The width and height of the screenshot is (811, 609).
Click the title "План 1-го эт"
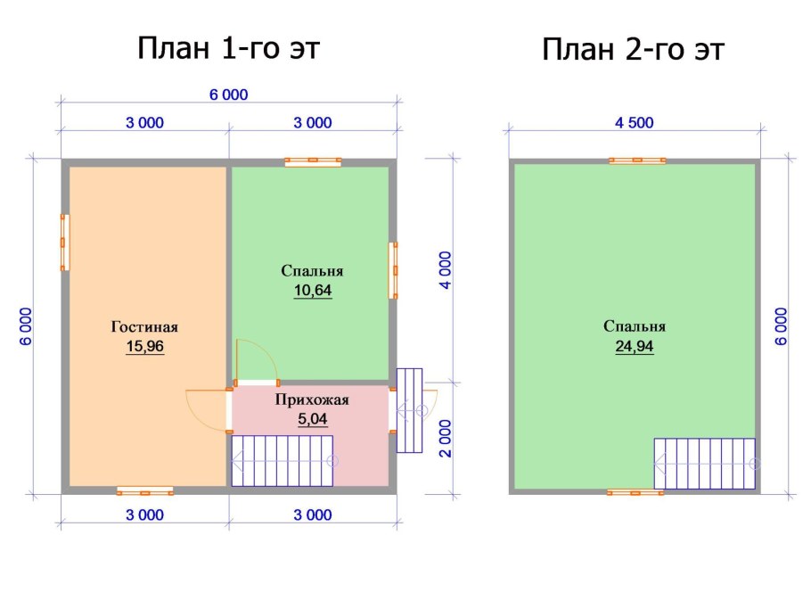(x=228, y=48)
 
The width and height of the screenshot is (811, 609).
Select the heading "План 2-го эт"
(x=634, y=50)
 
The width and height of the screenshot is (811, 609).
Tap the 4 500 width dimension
(x=635, y=123)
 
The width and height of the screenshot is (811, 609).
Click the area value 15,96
(x=146, y=347)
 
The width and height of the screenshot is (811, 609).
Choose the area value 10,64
(x=312, y=290)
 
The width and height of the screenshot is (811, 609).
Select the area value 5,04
(x=312, y=419)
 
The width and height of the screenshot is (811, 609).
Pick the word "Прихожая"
(x=312, y=400)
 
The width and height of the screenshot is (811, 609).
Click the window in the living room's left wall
(x=64, y=242)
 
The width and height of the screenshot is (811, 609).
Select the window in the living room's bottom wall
(x=144, y=490)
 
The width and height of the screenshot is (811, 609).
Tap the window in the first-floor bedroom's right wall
(x=392, y=270)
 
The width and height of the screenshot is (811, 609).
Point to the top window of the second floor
(x=637, y=160)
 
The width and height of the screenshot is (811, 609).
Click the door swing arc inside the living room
(x=205, y=410)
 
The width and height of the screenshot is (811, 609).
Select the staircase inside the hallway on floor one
(x=282, y=461)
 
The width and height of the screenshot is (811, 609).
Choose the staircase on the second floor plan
(x=705, y=464)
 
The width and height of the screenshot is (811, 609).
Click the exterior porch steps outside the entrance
(x=408, y=410)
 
